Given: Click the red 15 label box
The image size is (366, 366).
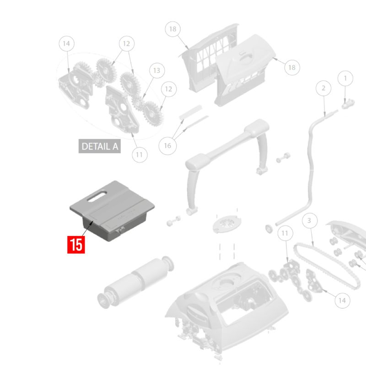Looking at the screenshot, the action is coord(76,245).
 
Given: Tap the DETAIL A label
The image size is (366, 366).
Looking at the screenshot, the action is coord(100,146).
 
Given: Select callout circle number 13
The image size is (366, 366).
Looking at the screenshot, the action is coord(157,70).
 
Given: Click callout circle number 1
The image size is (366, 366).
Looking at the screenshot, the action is coord(345,78).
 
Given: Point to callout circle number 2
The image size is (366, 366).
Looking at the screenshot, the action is coord(323,88).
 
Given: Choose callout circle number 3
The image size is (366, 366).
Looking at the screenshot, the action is coord(310,221).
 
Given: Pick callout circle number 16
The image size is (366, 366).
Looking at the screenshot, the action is coord(167,146).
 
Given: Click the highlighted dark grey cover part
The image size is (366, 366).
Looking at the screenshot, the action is coord(112,211).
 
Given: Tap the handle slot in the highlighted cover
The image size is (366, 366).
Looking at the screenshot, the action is coord(97,196).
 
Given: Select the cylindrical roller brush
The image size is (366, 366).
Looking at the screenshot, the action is coord(135,282).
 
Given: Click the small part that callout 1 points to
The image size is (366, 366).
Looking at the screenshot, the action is coord(348,104).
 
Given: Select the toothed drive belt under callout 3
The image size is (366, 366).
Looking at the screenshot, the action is coord(327,266).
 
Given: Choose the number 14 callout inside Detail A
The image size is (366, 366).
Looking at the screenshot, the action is coord(66,43).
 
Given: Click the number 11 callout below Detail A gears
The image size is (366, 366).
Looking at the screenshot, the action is coord(140,155).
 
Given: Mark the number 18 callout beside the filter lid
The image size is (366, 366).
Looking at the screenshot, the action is coord(292,67).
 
